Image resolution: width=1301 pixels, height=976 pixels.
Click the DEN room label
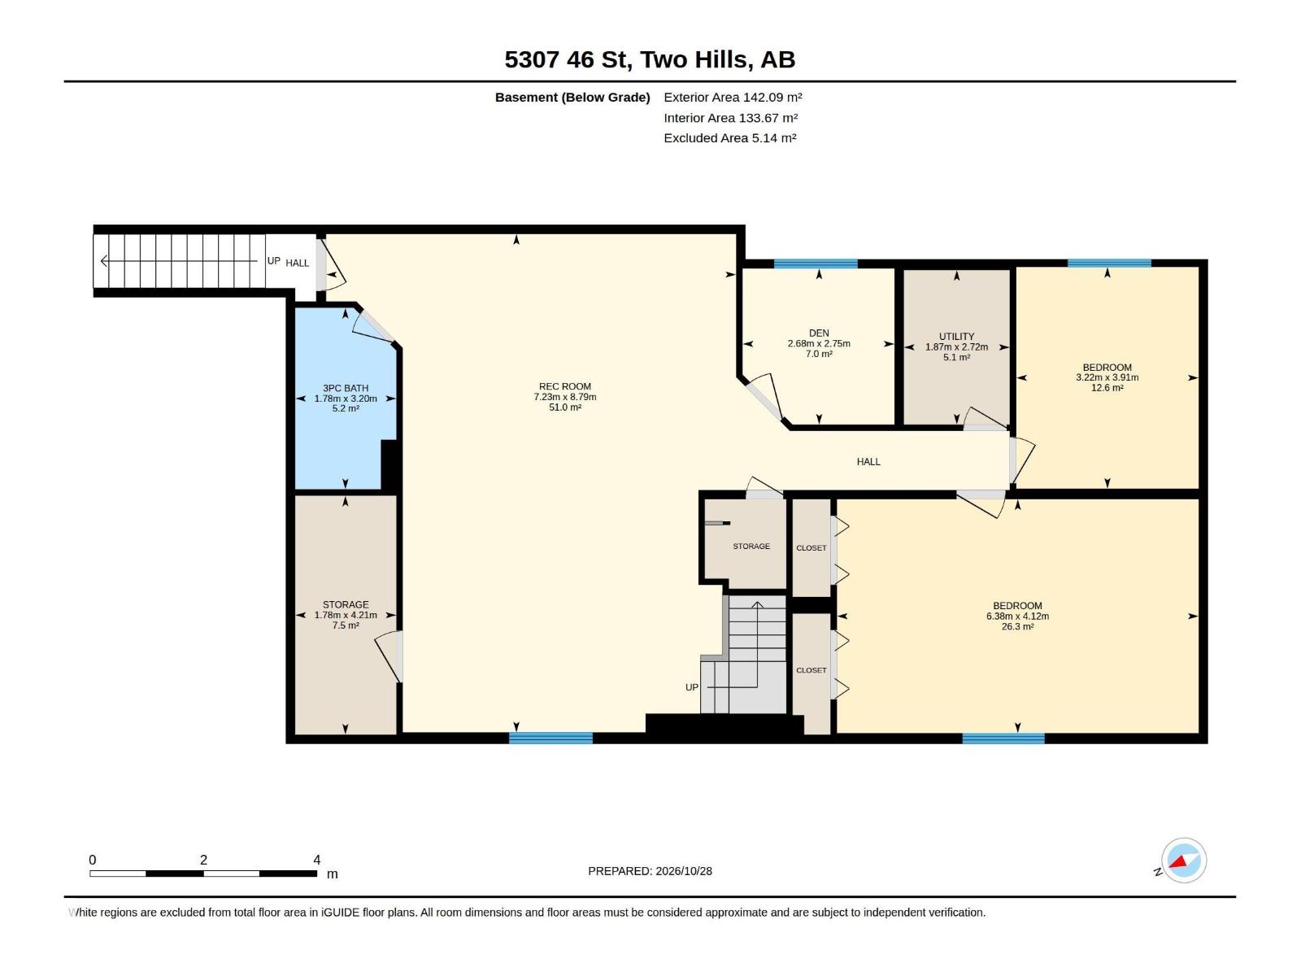pyautogui.click(x=819, y=333)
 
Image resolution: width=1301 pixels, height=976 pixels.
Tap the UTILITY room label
pyautogui.click(x=956, y=337)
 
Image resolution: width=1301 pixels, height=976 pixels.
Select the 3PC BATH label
pyautogui.click(x=346, y=388)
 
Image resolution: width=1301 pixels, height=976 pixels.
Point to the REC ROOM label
pyautogui.click(x=565, y=386)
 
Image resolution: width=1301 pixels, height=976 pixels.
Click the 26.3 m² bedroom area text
pyautogui.click(x=1017, y=627)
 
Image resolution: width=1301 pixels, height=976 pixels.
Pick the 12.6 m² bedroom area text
pyautogui.click(x=1107, y=388)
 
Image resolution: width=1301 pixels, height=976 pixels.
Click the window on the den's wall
pyautogui.click(x=816, y=264)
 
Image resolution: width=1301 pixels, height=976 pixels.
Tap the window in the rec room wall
pyautogui.click(x=550, y=739)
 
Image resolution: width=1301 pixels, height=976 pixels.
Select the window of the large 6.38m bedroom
pyautogui.click(x=1003, y=739)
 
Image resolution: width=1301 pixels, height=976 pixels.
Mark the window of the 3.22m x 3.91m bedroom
pyautogui.click(x=1109, y=263)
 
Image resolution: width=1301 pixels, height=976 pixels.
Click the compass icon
pyautogui.click(x=1183, y=861)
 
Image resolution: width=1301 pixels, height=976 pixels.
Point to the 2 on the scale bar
pyautogui.click(x=203, y=860)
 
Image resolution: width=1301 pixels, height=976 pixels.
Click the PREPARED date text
pyautogui.click(x=650, y=871)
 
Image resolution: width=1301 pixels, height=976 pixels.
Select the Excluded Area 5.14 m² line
pyautogui.click(x=729, y=138)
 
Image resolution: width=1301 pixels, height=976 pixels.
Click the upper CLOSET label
pyautogui.click(x=811, y=548)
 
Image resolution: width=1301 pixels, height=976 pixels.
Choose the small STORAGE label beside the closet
pyautogui.click(x=751, y=547)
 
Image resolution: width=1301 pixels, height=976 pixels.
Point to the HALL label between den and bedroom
pyautogui.click(x=868, y=462)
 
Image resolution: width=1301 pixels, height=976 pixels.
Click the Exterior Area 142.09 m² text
pyautogui.click(x=733, y=97)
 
